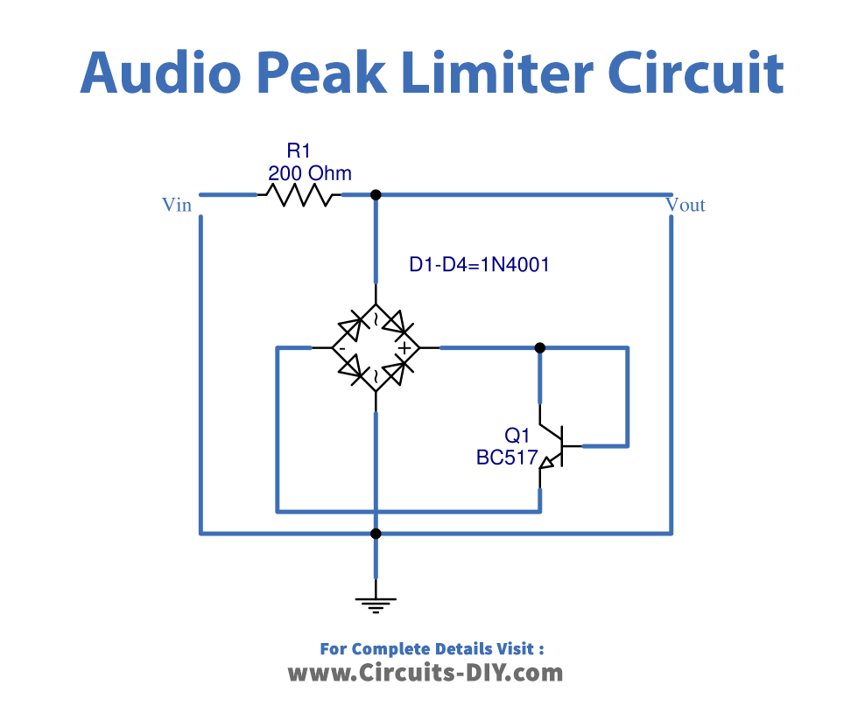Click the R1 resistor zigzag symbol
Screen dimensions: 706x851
(x=299, y=194)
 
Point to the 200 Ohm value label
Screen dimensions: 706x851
(x=310, y=173)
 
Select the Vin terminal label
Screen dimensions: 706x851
(x=176, y=205)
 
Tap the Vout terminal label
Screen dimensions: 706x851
(x=686, y=205)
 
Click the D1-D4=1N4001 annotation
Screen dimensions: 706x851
(x=479, y=264)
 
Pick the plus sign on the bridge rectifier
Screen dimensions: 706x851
(x=404, y=348)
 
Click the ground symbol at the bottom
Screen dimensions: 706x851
(x=376, y=602)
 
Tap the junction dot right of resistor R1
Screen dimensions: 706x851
(x=376, y=194)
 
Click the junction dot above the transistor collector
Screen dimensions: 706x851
(x=540, y=348)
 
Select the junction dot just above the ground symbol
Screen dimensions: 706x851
(x=376, y=533)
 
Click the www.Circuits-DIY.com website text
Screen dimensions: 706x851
(x=425, y=673)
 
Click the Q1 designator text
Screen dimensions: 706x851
(x=517, y=435)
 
